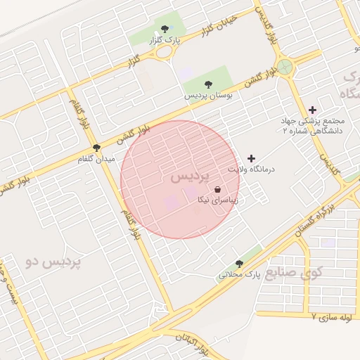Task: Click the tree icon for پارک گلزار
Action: coord(165,29)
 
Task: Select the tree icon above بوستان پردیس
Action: coord(207,84)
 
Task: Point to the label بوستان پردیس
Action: coord(209,95)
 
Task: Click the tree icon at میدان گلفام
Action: coord(96,148)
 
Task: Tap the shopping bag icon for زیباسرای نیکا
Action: coord(217,188)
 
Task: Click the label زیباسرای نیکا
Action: coord(217,200)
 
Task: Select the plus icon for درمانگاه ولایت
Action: coord(251,159)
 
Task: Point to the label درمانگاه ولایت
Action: coord(252,170)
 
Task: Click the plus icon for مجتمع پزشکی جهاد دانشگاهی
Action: coord(312,110)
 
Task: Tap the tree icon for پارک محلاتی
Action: coord(239,264)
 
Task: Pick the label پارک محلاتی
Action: coord(239,275)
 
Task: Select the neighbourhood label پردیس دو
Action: coord(53,262)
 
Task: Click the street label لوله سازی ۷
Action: coord(333,317)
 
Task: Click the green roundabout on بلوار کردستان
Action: coord(285,67)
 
